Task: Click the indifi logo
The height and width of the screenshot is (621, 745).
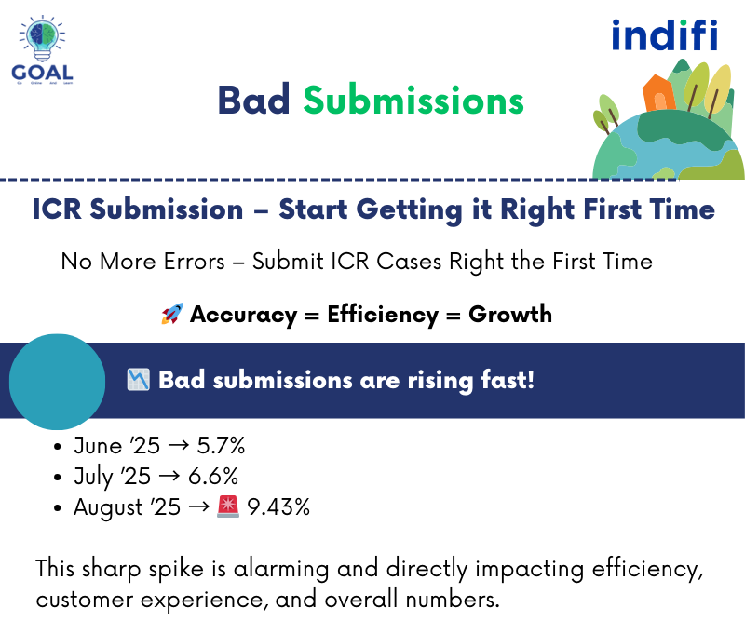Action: (x=664, y=35)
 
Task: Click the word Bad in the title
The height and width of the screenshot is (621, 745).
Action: (x=253, y=101)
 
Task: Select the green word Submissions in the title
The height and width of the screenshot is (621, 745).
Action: (x=413, y=101)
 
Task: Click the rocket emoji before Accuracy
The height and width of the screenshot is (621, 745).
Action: (x=171, y=315)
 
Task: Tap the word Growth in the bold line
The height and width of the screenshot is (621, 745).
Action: (x=510, y=315)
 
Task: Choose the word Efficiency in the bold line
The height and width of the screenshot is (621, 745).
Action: (x=382, y=315)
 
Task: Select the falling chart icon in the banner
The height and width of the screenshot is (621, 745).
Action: (x=139, y=380)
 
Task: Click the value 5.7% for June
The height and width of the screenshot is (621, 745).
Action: (x=221, y=447)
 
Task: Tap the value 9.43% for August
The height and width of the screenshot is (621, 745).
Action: (x=278, y=507)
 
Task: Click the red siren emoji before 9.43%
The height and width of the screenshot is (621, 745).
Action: (x=229, y=506)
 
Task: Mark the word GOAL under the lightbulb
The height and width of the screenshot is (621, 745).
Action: (x=43, y=72)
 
